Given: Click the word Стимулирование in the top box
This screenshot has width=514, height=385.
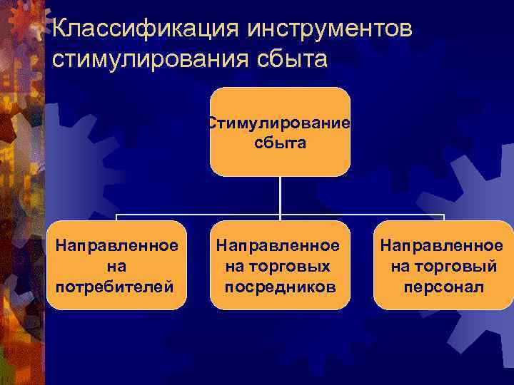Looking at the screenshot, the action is (279, 123).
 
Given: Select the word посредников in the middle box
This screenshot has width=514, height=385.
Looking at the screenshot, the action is (279, 287).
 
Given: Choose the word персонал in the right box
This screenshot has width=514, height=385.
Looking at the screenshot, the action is (443, 287).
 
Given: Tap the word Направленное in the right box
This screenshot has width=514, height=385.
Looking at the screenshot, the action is (442, 246).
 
